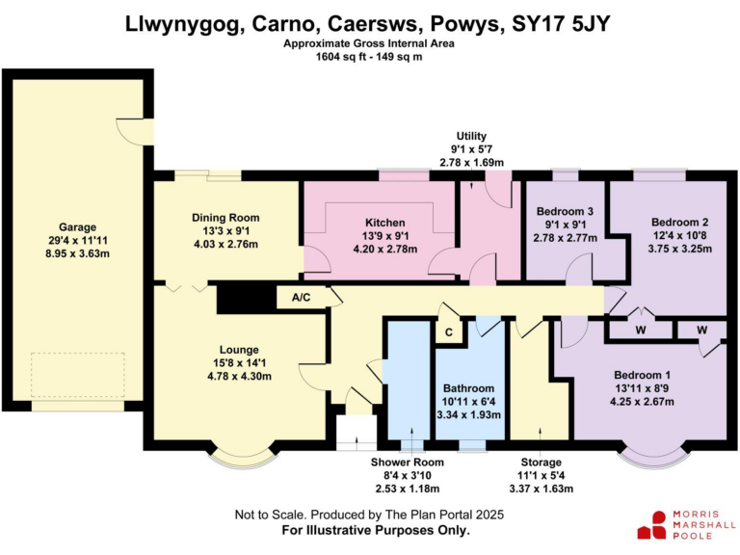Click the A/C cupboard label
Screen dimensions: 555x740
coord(301,298)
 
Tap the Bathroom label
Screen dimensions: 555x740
coord(468,388)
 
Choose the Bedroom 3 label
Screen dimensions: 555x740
coord(563,211)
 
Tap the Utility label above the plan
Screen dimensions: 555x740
coord(471,137)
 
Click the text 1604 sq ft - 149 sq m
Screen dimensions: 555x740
coord(369,58)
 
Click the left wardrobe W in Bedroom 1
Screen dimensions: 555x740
coord(641,330)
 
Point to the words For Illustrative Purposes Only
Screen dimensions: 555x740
coord(376,531)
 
